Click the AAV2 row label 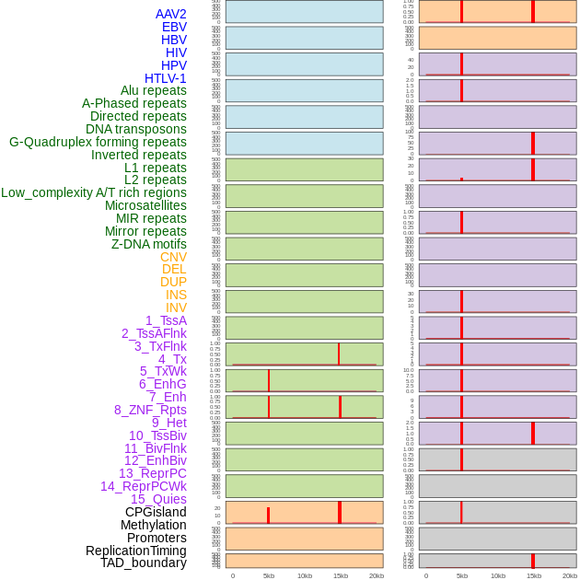pyautogui.click(x=171, y=14)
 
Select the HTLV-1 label pyautogui.click(x=166, y=78)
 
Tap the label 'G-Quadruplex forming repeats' pyautogui.click(x=98, y=142)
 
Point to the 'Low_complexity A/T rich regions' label pyautogui.click(x=94, y=192)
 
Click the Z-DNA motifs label pyautogui.click(x=149, y=244)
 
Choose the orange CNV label pyautogui.click(x=173, y=257)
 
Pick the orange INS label pyautogui.click(x=176, y=295)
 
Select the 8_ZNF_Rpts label pyautogui.click(x=150, y=410)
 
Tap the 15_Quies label pyautogui.click(x=158, y=499)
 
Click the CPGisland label pyautogui.click(x=156, y=512)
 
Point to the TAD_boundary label pyautogui.click(x=144, y=563)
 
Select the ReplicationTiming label pyautogui.click(x=136, y=551)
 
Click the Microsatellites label pyautogui.click(x=145, y=205)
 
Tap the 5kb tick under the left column pyautogui.click(x=269, y=575)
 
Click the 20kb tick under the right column pyautogui.click(x=570, y=575)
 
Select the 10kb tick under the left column pyautogui.click(x=305, y=575)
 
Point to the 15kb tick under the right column pyautogui.click(x=534, y=575)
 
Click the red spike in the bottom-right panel pyautogui.click(x=532, y=561)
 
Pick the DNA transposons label pyautogui.click(x=136, y=129)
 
